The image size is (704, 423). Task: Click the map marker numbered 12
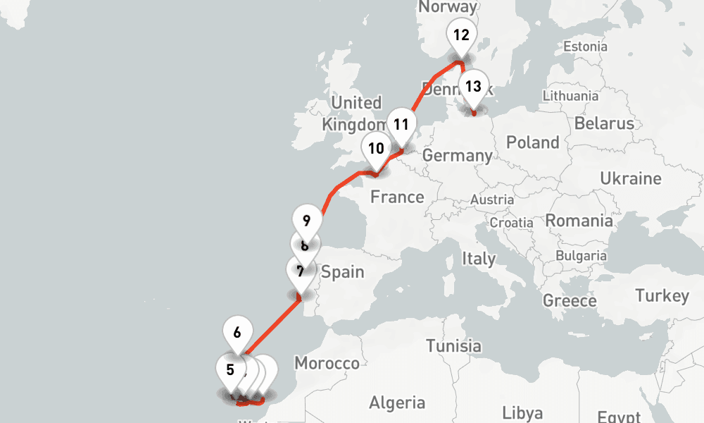click(x=461, y=36)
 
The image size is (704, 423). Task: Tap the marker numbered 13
click(x=473, y=87)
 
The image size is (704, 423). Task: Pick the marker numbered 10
click(x=376, y=149)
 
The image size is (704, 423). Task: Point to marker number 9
click(x=306, y=221)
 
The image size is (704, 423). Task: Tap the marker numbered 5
click(x=230, y=369)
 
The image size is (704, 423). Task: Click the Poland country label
click(x=533, y=142)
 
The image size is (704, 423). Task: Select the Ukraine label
click(x=631, y=179)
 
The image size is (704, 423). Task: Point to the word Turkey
click(x=662, y=295)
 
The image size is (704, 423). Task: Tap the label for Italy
click(x=479, y=259)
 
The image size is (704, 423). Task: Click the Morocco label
click(x=327, y=364)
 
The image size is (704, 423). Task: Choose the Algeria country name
click(x=397, y=403)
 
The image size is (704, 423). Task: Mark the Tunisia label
click(x=453, y=345)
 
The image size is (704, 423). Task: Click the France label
click(x=397, y=197)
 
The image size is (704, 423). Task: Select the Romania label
click(x=579, y=221)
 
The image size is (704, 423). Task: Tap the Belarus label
click(x=604, y=123)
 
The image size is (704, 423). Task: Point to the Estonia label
click(x=585, y=47)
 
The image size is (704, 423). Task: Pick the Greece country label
click(x=570, y=301)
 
